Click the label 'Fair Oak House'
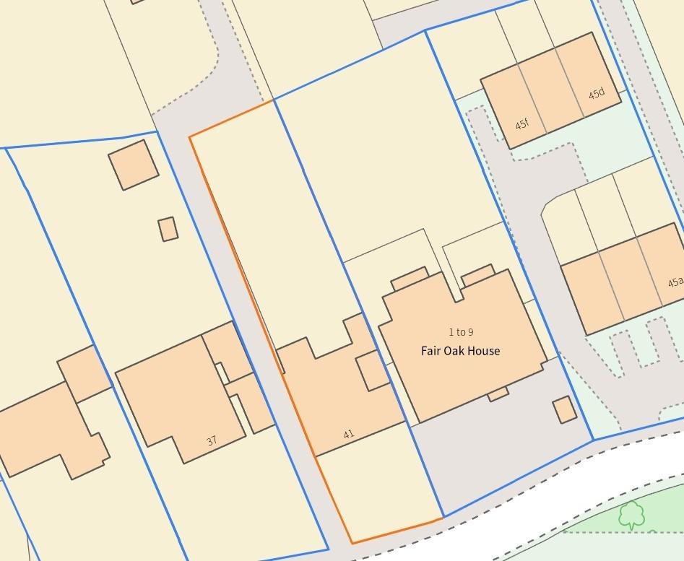[460, 351]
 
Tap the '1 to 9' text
[461, 332]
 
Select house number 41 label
[349, 435]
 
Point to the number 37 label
[212, 440]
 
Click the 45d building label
[596, 94]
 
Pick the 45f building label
[521, 124]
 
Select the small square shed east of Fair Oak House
[565, 409]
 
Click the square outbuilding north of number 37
[134, 165]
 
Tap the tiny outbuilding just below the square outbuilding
[168, 229]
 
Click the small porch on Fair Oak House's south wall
[498, 394]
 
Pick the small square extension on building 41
[373, 370]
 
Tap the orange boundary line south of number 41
[397, 531]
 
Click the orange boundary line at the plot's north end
[231, 118]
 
